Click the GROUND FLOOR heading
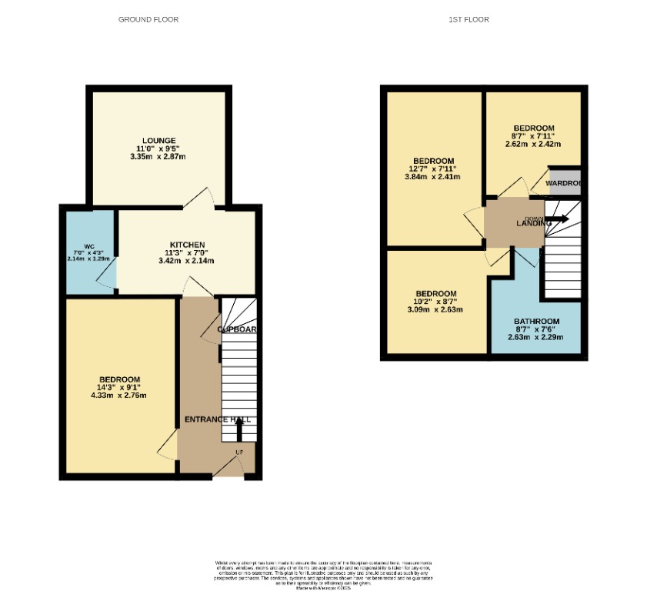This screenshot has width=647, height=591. (148, 19)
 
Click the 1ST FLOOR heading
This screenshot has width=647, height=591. (469, 19)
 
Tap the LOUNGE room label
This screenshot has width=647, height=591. (158, 140)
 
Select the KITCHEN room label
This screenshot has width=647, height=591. (187, 245)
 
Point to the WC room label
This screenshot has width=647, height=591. (88, 246)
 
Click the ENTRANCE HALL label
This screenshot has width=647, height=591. (218, 419)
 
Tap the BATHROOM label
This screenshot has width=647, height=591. (536, 321)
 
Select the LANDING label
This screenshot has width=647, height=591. (534, 223)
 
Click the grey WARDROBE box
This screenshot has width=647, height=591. (563, 182)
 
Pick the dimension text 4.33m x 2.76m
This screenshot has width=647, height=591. (118, 396)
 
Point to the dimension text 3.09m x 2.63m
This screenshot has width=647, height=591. (435, 310)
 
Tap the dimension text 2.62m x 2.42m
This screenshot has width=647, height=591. (533, 144)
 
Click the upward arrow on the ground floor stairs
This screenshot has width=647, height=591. (238, 427)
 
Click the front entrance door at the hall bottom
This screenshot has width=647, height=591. (228, 467)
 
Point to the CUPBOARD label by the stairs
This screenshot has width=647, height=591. (237, 329)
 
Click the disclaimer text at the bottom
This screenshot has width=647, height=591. (323, 574)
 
